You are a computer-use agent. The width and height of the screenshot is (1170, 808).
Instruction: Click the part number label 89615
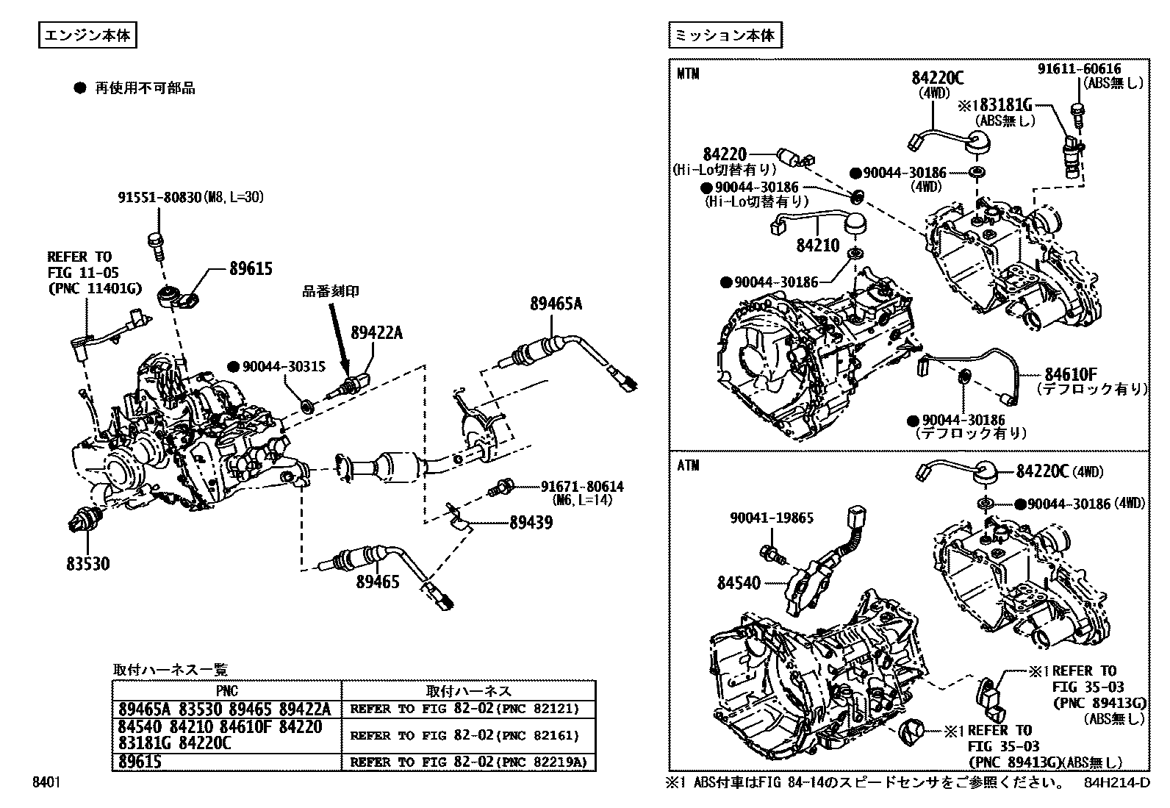[250, 269]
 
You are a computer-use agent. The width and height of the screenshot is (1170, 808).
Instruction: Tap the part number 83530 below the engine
[87, 564]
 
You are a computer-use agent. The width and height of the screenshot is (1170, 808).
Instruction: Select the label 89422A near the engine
[377, 333]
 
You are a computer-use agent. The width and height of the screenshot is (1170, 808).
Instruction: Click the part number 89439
[531, 523]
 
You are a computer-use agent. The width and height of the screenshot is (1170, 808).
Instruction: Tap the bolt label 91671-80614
[582, 486]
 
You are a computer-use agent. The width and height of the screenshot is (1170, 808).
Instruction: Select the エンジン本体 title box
[88, 36]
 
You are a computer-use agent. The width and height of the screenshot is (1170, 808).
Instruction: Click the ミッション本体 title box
[725, 36]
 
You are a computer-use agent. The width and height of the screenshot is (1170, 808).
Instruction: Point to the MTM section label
[688, 74]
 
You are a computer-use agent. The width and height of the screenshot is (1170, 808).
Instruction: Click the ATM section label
[688, 465]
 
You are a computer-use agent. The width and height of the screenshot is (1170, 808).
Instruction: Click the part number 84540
[739, 583]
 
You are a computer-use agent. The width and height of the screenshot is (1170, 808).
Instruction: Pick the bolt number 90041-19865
[771, 518]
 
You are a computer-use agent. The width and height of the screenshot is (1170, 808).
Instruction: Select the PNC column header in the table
[226, 691]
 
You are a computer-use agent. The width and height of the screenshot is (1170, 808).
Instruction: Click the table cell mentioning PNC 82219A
[469, 762]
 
